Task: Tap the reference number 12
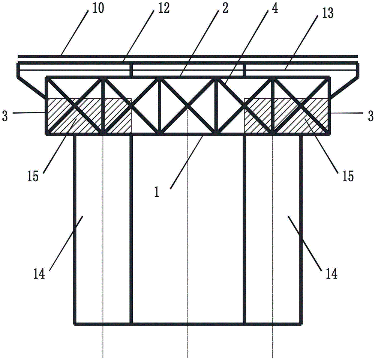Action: tap(163, 8)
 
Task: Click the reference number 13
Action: tap(327, 13)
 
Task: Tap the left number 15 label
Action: tap(33, 176)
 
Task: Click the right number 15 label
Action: tap(348, 176)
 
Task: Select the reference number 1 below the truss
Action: tap(157, 192)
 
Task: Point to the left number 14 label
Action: tap(39, 274)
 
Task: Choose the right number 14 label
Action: tap(332, 274)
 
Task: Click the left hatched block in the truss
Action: tap(90, 115)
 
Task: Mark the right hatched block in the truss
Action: tap(286, 115)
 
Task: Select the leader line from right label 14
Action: tap(304, 243)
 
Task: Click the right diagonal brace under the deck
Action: tap(345, 87)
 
